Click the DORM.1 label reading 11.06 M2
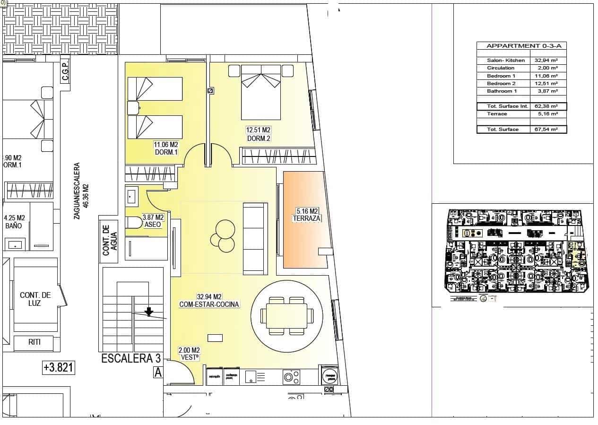click(x=166, y=148)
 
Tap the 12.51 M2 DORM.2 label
click(x=258, y=134)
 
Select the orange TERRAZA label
click(x=307, y=215)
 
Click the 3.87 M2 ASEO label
click(x=153, y=221)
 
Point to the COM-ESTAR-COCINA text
click(x=209, y=301)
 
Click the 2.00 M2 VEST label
click(x=189, y=354)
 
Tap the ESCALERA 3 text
click(x=128, y=359)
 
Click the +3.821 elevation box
click(x=59, y=367)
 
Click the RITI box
click(x=34, y=342)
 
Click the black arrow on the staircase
click(x=149, y=311)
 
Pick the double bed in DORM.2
click(x=261, y=92)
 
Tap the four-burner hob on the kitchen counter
click(x=291, y=376)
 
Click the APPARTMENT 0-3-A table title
click(x=520, y=46)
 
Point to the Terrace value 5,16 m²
click(x=546, y=114)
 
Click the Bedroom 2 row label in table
click(x=501, y=83)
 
